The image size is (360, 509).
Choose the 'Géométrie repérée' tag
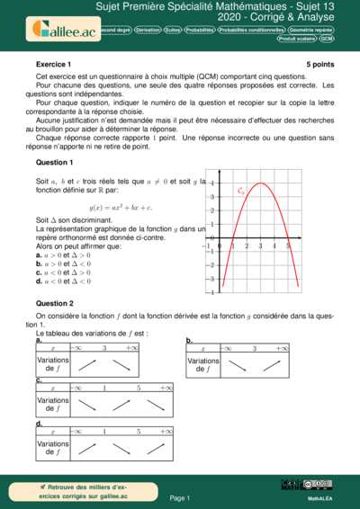[x=310, y=30]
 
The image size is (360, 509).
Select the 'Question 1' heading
[x=54, y=162]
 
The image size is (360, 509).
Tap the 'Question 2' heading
[x=54, y=303]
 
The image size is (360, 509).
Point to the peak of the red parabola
[x=260, y=183]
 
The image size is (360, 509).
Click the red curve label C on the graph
[x=241, y=191]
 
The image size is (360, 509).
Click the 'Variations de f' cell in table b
[x=204, y=364]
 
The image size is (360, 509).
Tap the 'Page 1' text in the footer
[x=180, y=497]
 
